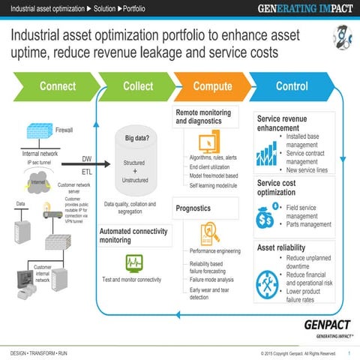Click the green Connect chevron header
57,86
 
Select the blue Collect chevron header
138,86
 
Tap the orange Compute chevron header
212,86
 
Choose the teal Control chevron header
292,86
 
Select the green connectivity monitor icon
134,262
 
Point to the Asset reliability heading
286,247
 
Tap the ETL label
87,171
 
